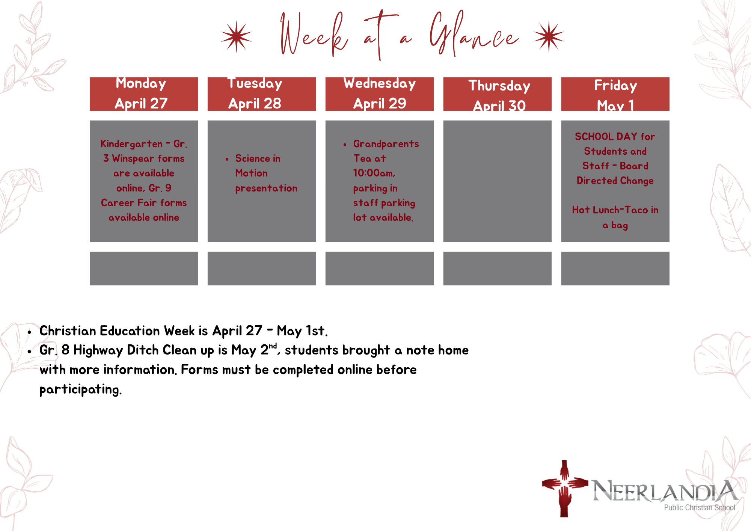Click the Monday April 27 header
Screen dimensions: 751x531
coord(144,94)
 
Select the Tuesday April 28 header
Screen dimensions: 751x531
coord(262,94)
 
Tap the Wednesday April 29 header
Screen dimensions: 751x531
coord(380,94)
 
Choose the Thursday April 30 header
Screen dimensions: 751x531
coord(498,94)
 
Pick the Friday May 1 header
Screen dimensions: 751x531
coord(615,94)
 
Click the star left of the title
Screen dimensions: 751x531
coord(237,36)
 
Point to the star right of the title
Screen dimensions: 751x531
coord(549,36)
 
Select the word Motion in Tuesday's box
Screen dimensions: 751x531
coord(252,173)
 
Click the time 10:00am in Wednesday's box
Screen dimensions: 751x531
coord(374,173)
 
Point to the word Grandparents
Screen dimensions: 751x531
coord(386,144)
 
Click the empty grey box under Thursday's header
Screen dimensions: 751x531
coord(498,181)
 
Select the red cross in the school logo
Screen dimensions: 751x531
coord(564,488)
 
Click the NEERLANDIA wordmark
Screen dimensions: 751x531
coord(665,491)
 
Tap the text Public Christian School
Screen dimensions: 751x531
coord(700,508)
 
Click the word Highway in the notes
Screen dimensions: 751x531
coord(98,350)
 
